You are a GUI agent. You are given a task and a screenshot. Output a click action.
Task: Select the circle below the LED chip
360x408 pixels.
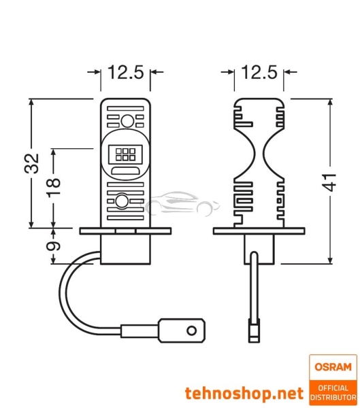(x=123, y=201)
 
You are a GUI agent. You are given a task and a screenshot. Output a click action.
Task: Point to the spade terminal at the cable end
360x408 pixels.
(x=186, y=333)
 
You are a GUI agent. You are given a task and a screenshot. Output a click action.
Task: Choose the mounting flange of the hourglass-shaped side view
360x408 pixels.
(x=260, y=231)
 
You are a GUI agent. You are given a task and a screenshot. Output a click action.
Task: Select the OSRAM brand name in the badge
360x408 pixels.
(x=331, y=368)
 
